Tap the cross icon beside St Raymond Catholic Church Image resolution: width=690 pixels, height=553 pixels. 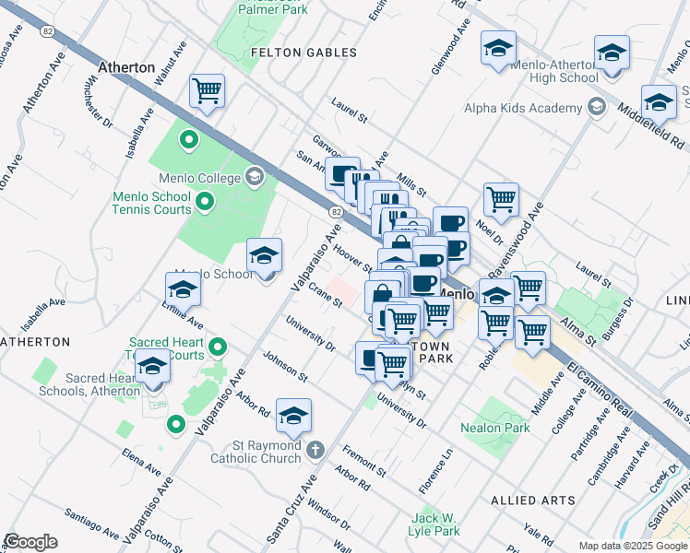(315, 451)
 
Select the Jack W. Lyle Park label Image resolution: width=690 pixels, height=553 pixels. (435, 525)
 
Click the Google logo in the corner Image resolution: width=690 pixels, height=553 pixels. (30, 542)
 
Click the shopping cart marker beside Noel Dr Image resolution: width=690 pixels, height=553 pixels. (501, 198)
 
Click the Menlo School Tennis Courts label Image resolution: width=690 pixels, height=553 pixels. (152, 203)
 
